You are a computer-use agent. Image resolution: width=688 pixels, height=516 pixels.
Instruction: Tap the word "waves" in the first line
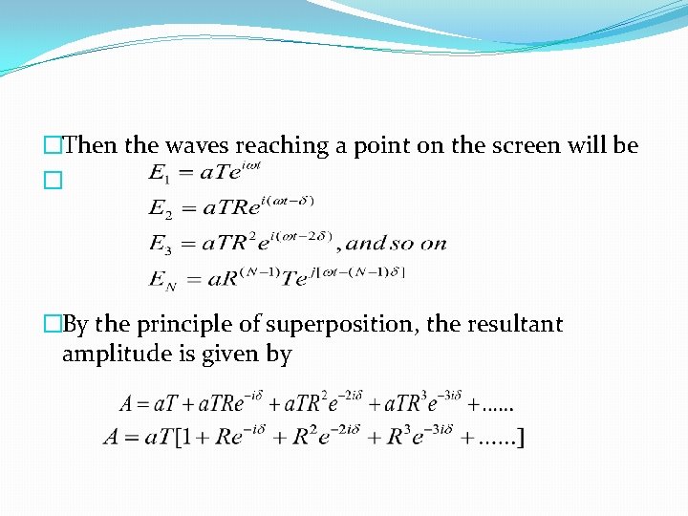[196, 145]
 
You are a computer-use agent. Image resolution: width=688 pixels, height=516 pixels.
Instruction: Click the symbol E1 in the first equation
[158, 174]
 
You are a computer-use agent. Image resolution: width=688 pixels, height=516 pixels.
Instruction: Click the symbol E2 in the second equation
[160, 208]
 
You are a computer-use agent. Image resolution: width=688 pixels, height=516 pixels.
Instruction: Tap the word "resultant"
[515, 325]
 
